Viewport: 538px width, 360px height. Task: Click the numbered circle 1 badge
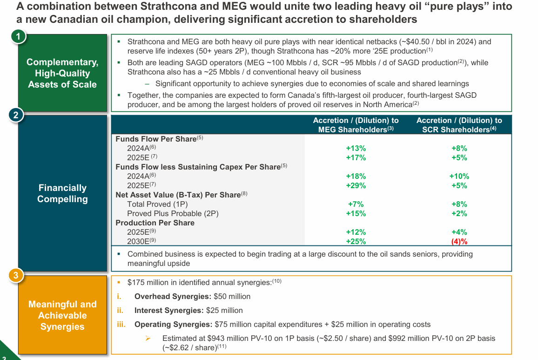coord(18,36)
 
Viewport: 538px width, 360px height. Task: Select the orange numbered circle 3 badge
coord(16,276)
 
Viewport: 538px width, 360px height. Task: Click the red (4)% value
coord(459,241)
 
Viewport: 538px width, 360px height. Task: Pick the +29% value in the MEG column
coord(356,185)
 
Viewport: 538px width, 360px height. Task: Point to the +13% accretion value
coord(356,148)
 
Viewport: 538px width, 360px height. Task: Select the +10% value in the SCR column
coord(459,176)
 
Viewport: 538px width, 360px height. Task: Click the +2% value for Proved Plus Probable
coord(459,213)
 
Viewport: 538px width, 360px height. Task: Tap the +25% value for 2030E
coord(356,241)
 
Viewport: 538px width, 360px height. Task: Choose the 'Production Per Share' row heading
coord(155,223)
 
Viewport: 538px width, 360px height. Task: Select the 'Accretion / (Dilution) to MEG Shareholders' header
coord(356,125)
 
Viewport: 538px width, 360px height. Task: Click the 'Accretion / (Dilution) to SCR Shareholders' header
coord(459,125)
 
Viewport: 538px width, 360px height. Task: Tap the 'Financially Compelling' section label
coord(62,193)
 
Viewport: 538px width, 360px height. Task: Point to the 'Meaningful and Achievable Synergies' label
coord(62,315)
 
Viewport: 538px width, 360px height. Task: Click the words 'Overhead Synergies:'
coord(173,296)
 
